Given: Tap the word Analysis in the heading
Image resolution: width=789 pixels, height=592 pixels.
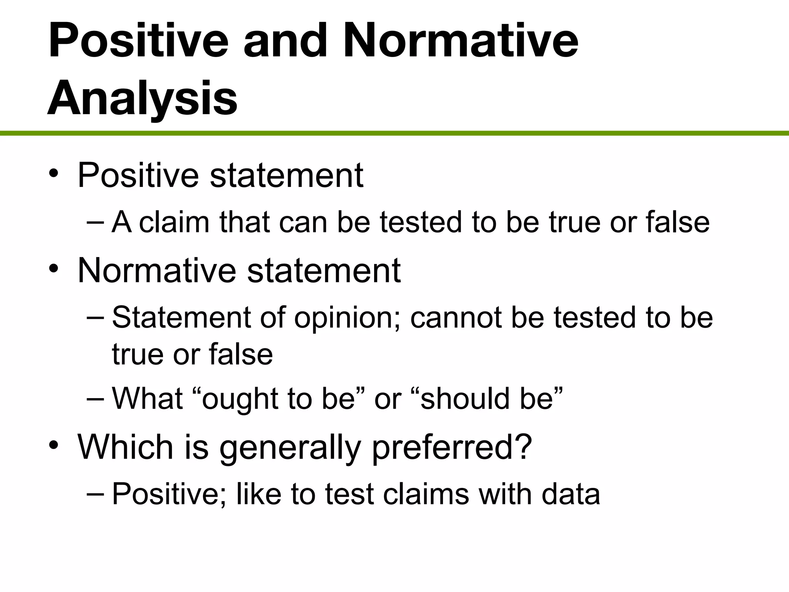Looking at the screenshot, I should point(142,98).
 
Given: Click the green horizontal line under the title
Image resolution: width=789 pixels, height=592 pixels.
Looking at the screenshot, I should point(394,133).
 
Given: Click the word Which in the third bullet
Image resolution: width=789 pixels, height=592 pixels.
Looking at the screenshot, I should point(125,447).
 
